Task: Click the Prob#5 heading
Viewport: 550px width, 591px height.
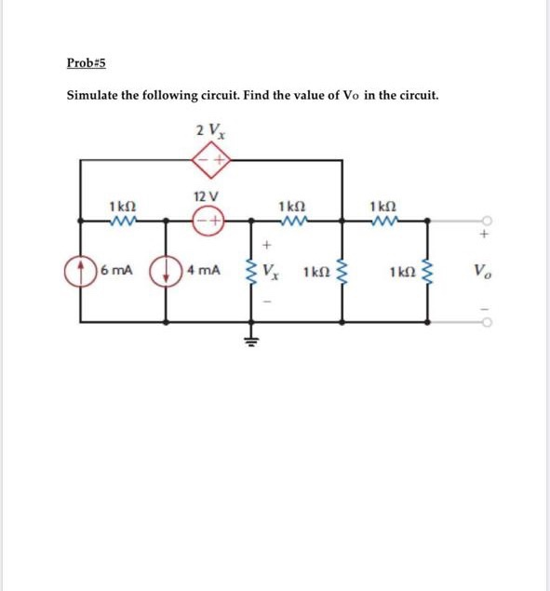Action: [87, 62]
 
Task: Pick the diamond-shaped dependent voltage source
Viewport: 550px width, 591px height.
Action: [211, 160]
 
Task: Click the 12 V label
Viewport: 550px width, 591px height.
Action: [207, 197]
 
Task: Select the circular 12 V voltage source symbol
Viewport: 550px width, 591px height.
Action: [208, 221]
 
